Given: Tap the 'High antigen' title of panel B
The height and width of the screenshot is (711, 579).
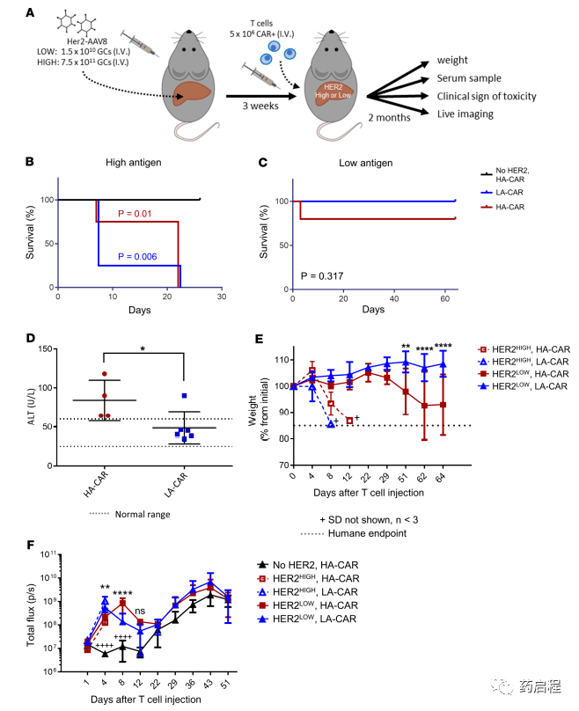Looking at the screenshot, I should [x=139, y=164].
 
